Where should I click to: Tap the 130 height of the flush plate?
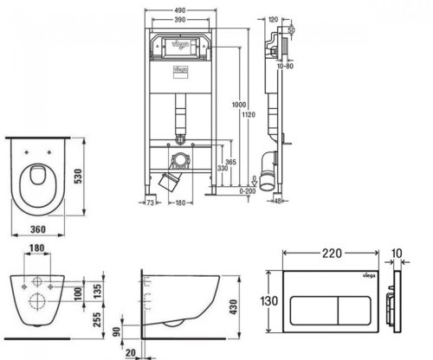pos(271,302)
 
